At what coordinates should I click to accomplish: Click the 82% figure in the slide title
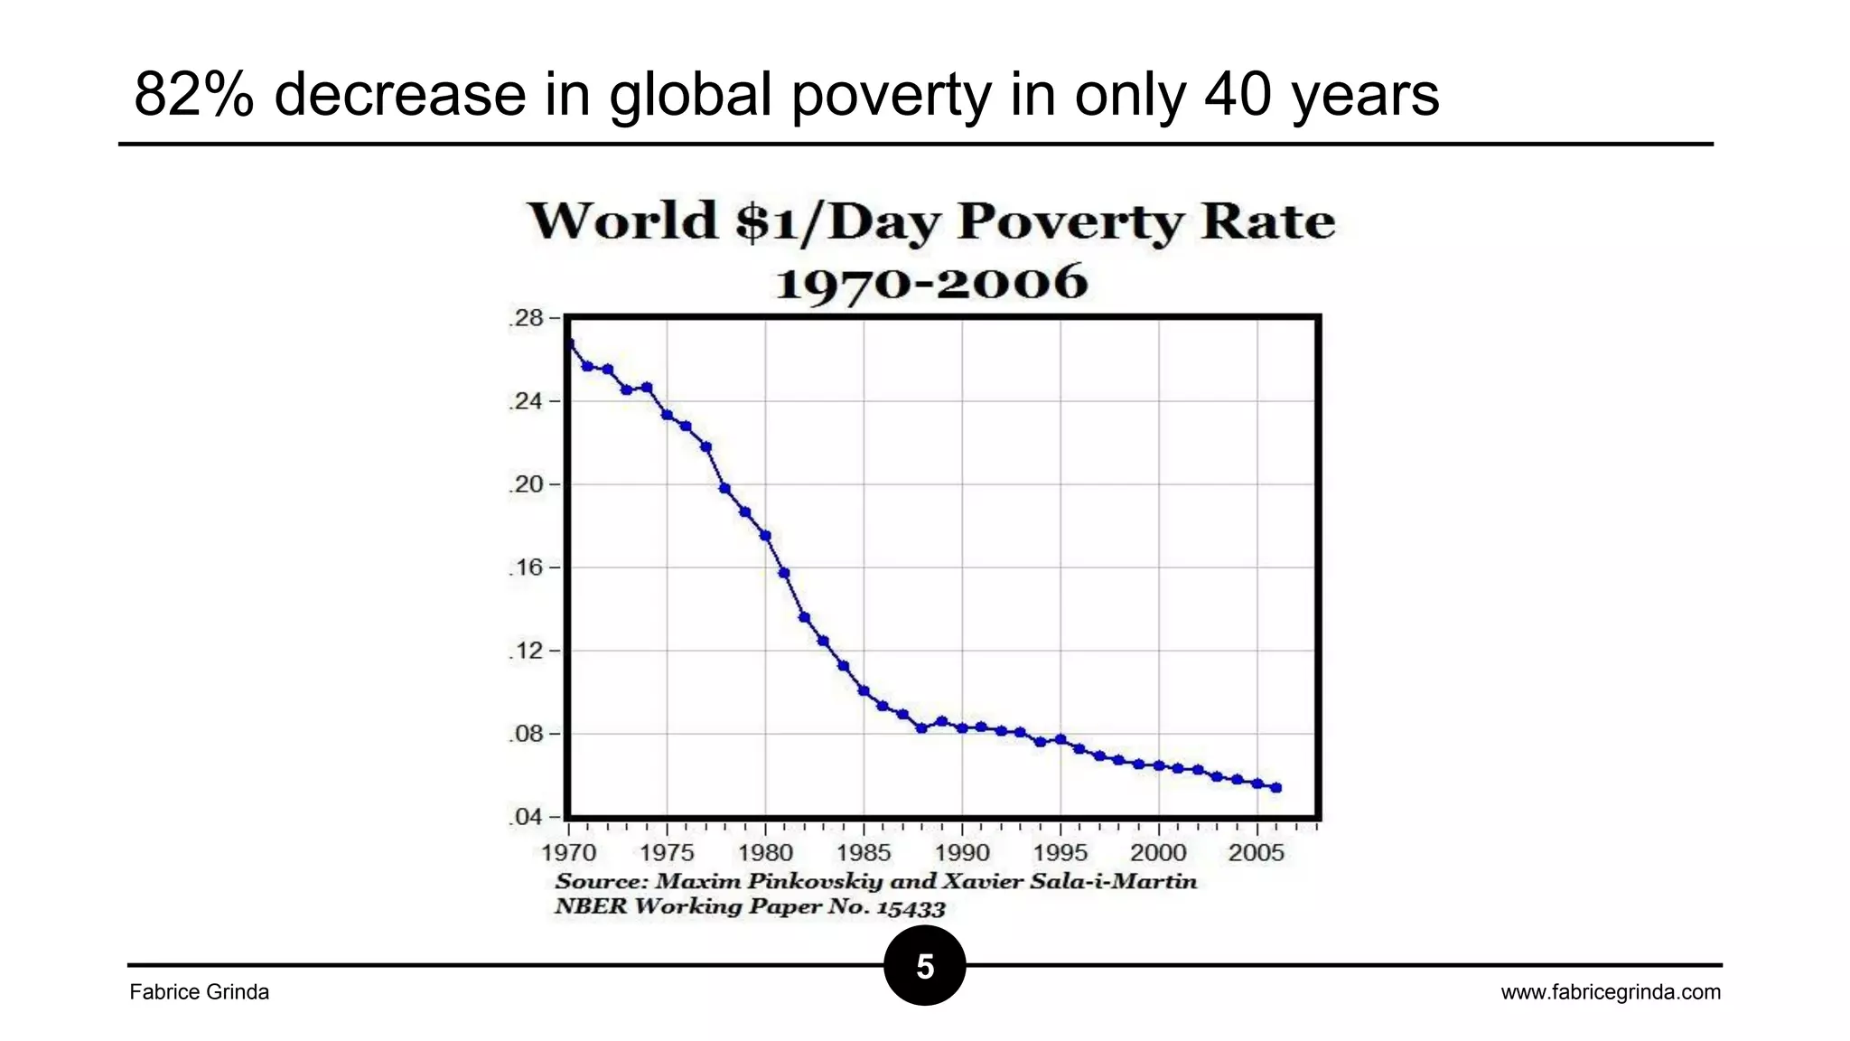click(x=193, y=94)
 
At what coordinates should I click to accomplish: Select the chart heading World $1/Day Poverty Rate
click(x=930, y=221)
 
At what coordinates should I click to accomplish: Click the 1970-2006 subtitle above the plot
click(x=931, y=282)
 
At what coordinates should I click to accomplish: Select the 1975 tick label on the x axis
click(x=667, y=852)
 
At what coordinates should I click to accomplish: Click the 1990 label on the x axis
click(x=962, y=852)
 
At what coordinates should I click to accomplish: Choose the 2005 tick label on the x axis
click(x=1257, y=852)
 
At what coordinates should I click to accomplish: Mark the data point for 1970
click(x=569, y=343)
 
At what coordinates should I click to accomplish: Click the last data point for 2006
click(x=1276, y=788)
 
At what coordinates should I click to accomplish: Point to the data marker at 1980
click(x=765, y=536)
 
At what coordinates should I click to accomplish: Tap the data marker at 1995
click(x=1060, y=739)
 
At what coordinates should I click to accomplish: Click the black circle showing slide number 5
click(x=925, y=965)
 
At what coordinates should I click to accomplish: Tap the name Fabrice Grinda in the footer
click(x=200, y=992)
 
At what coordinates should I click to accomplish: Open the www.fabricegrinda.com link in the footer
click(x=1611, y=992)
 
